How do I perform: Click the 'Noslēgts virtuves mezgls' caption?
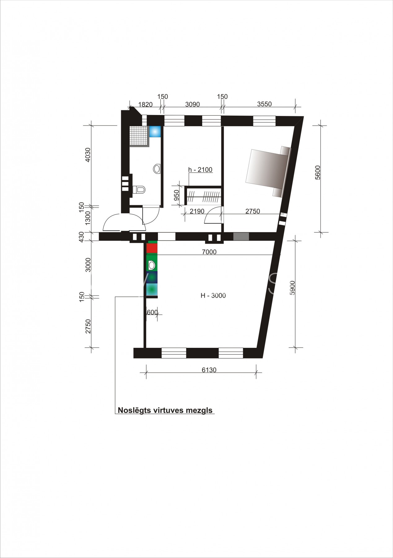click(165, 410)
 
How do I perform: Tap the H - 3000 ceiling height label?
click(213, 295)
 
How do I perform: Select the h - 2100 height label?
click(200, 170)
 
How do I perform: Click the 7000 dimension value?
click(209, 252)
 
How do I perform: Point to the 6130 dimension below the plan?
click(209, 370)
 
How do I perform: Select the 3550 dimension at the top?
click(264, 104)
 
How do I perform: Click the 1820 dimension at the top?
click(145, 104)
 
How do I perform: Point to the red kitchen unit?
click(152, 248)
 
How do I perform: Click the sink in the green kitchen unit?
click(152, 265)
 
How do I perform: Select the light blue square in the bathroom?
click(155, 132)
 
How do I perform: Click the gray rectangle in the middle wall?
click(241, 237)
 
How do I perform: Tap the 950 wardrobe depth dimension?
click(177, 196)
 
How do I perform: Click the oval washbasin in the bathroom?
click(157, 169)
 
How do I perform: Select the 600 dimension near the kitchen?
click(152, 312)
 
